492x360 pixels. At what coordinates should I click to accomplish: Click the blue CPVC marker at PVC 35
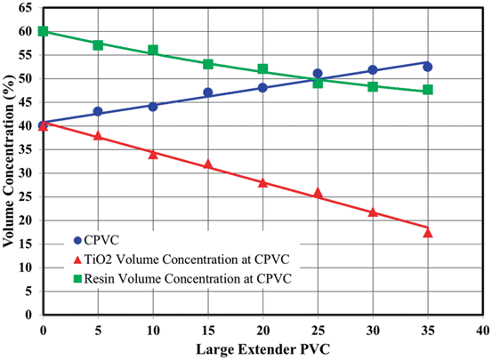click(428, 67)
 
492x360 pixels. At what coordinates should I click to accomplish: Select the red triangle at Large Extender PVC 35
click(428, 232)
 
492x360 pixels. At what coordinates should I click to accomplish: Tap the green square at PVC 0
click(43, 31)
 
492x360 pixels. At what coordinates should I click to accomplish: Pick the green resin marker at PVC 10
click(153, 50)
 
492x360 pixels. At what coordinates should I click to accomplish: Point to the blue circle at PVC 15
click(208, 92)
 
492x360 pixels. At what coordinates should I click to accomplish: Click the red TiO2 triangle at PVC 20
click(263, 182)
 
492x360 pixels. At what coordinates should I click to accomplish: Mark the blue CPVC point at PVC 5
click(98, 112)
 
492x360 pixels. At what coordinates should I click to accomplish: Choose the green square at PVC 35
click(428, 90)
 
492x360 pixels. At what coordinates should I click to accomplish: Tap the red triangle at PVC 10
click(153, 154)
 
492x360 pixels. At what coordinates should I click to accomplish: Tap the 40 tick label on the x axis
click(483, 329)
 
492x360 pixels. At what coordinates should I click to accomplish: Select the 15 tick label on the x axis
click(208, 329)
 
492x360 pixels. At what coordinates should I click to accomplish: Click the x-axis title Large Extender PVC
click(262, 348)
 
